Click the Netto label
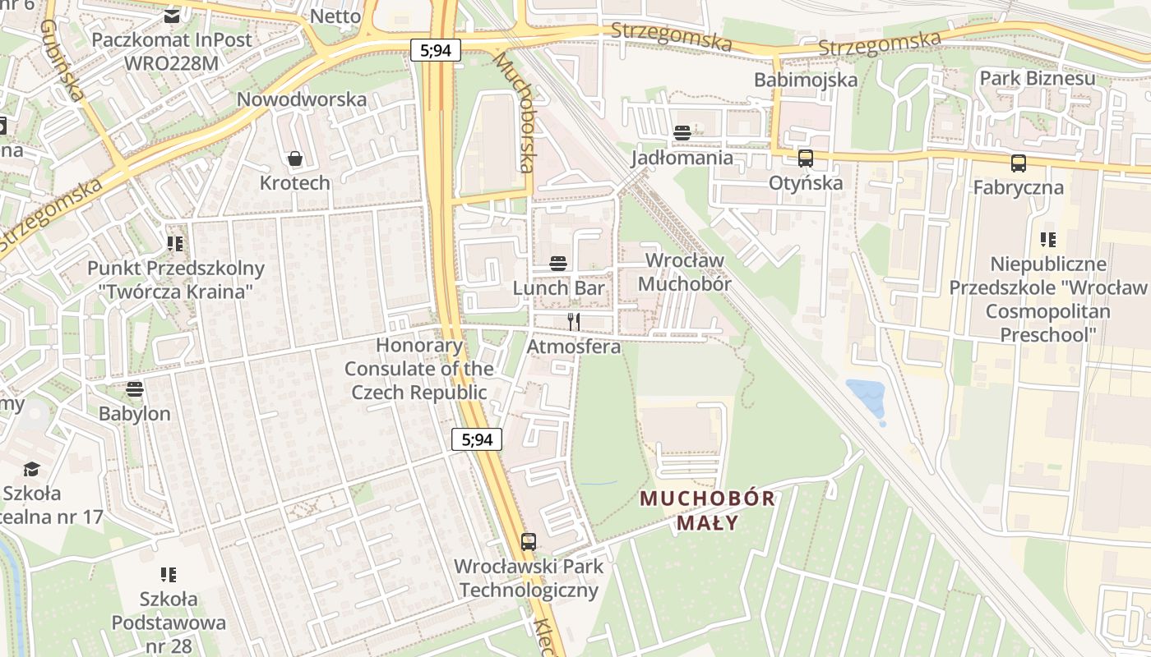click(335, 16)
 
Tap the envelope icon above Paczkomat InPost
click(172, 16)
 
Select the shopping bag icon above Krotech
click(294, 159)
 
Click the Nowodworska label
click(302, 99)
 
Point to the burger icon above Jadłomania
click(682, 132)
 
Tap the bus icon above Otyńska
click(805, 159)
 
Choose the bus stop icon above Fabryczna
click(1019, 163)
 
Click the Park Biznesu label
click(1037, 78)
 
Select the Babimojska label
click(806, 80)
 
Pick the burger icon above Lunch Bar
click(558, 264)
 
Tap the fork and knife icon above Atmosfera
click(574, 321)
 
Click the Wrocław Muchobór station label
click(685, 272)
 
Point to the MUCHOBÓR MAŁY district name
click(707, 510)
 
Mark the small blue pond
click(867, 397)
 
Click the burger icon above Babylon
click(135, 388)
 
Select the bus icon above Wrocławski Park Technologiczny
click(529, 542)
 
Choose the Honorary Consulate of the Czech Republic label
click(419, 370)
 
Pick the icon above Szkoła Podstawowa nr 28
click(169, 574)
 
